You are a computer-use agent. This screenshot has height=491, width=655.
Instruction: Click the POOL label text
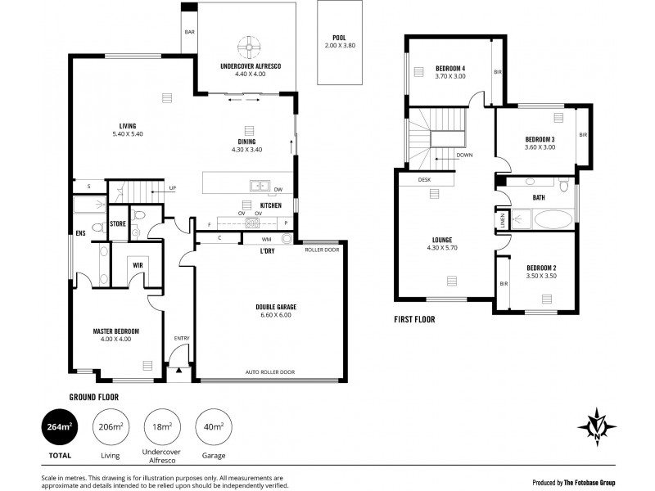coord(339,38)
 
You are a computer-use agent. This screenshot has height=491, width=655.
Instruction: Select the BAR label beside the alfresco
coord(189,33)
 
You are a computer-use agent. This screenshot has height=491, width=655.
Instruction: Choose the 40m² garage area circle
coord(214,426)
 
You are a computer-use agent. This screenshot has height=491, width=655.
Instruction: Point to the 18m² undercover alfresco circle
coord(163,426)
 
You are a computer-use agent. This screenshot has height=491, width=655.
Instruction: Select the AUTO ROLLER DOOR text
coord(269,372)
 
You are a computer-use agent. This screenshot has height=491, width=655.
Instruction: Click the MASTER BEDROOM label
coord(115,331)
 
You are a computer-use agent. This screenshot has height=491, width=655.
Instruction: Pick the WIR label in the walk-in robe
coord(138,264)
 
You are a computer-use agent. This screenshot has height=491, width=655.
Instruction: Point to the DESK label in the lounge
coord(424,179)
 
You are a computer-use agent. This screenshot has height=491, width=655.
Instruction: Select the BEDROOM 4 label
coord(450,68)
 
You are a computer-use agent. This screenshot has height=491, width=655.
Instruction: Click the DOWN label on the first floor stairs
coord(464,155)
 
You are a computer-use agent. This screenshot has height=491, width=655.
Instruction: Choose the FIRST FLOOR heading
coord(414,319)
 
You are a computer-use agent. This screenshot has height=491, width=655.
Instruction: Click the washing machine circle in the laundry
coord(287,239)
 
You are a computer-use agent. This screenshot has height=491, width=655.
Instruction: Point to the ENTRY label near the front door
coord(181,337)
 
